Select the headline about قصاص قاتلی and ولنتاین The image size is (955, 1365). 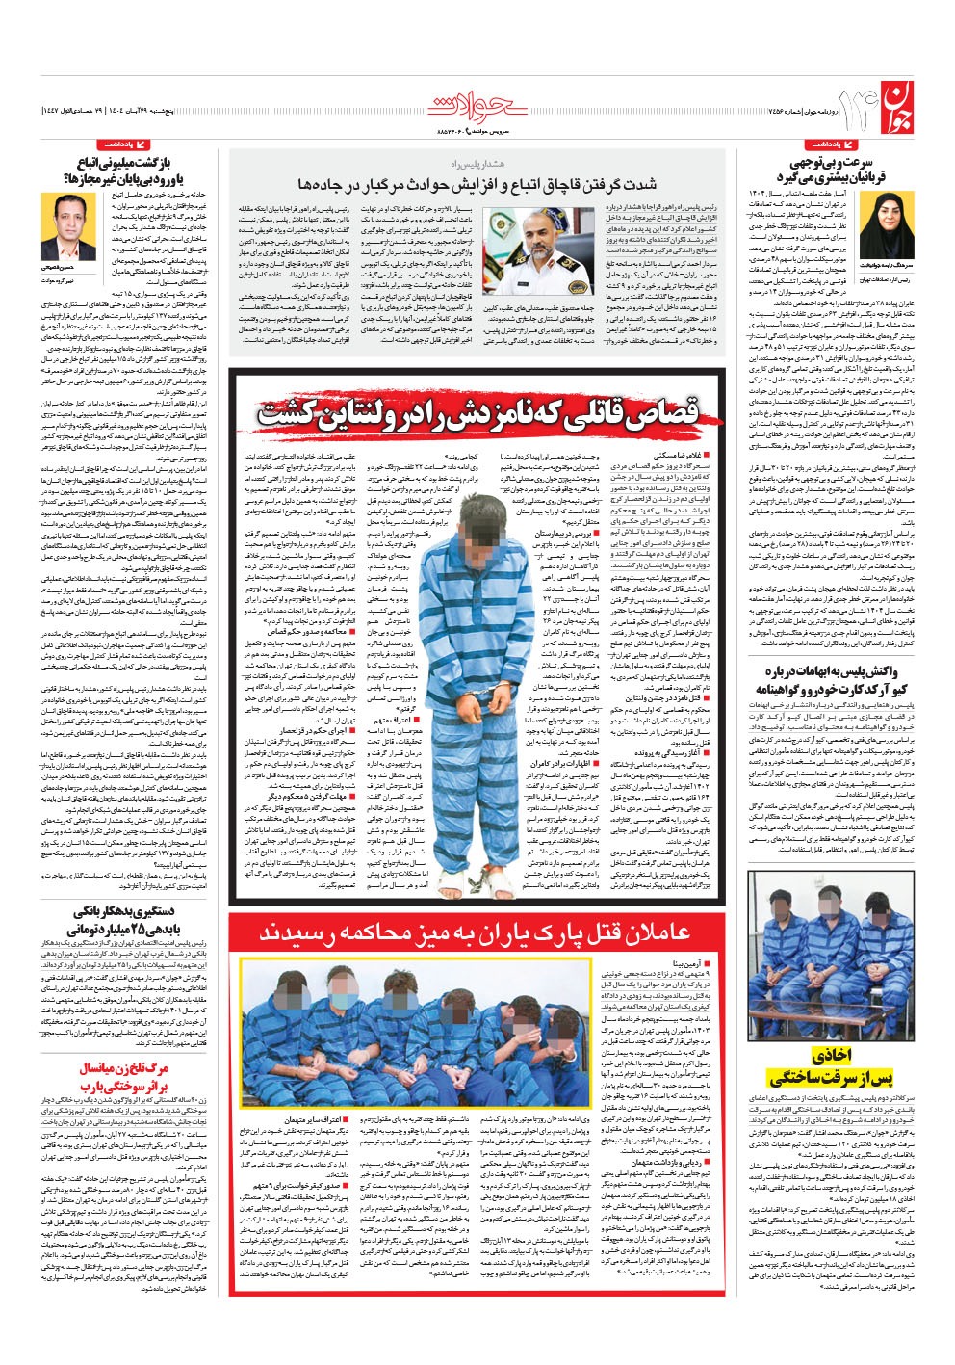(x=479, y=415)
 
